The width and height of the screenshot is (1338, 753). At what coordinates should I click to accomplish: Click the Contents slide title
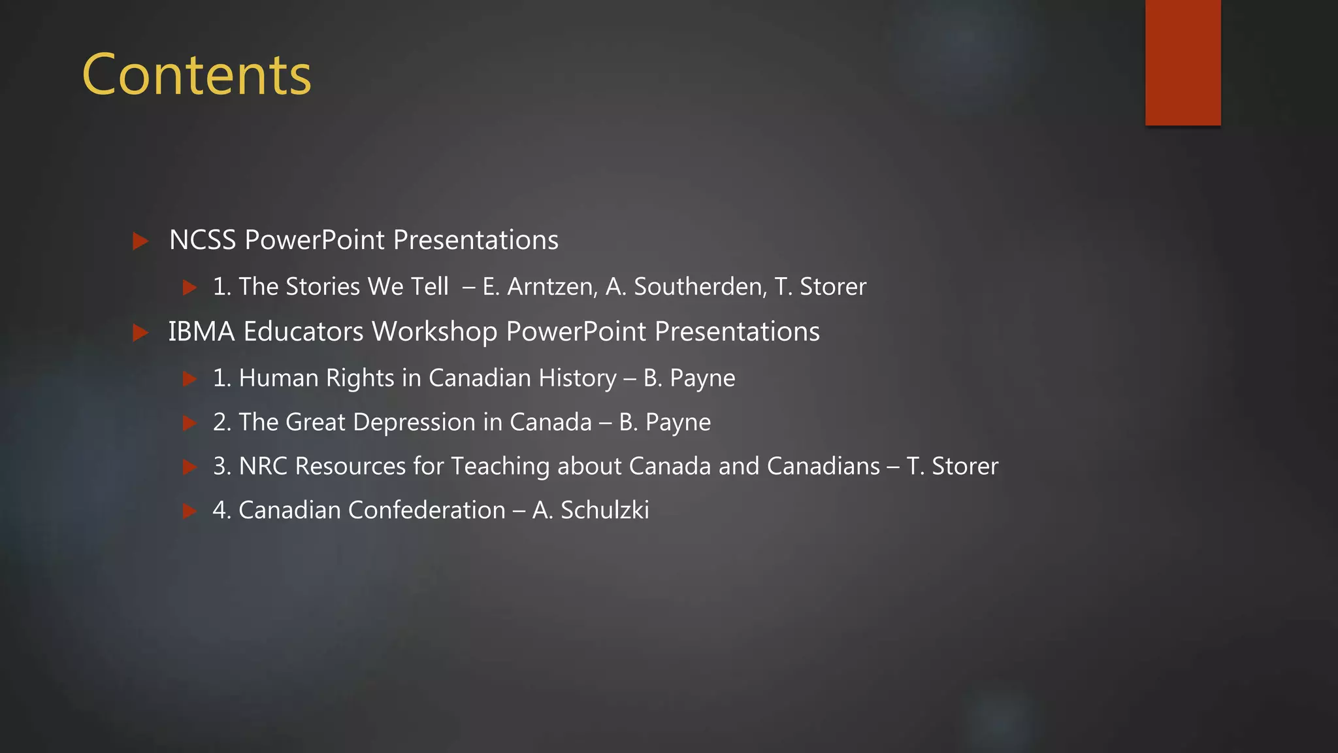(x=197, y=75)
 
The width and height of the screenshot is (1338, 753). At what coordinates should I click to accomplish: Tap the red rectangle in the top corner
(x=1183, y=62)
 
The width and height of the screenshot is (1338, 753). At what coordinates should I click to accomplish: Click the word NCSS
(x=203, y=241)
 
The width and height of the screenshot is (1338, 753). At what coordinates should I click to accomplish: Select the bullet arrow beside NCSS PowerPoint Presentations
(x=140, y=241)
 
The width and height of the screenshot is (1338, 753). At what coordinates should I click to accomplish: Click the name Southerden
(x=700, y=287)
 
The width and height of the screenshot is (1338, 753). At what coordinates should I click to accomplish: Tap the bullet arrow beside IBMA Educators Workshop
(x=140, y=333)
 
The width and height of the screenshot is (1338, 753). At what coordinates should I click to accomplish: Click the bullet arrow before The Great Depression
(x=189, y=423)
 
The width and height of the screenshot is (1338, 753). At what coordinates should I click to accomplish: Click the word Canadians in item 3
(x=823, y=466)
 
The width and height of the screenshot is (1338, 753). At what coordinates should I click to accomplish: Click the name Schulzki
(x=605, y=510)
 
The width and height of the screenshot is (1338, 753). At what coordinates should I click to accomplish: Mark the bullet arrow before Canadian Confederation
(x=189, y=510)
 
